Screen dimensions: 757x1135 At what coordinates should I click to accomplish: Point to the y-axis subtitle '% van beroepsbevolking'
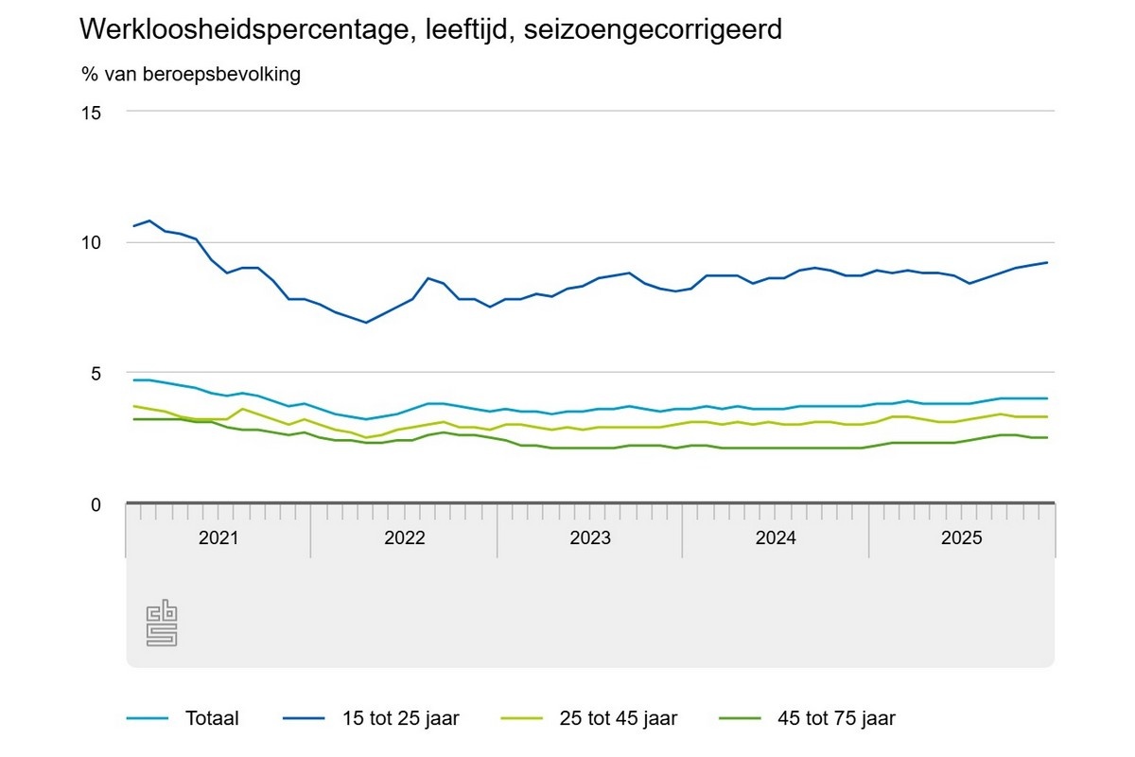coord(191,75)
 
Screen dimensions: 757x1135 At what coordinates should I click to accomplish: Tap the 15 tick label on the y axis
coord(91,112)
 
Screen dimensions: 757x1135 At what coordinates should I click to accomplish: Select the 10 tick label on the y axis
coord(91,242)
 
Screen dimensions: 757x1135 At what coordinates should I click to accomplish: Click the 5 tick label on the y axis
coord(96,374)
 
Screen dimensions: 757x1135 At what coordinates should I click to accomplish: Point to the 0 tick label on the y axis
coord(96,504)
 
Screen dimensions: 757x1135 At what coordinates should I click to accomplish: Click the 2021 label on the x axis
coord(218,538)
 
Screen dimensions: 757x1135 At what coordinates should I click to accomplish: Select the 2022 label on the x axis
coord(405,538)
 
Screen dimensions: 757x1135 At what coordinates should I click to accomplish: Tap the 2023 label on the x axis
coord(590,538)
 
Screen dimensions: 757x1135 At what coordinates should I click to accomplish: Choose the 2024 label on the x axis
coord(776,538)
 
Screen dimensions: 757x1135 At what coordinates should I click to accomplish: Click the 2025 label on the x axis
coord(962,538)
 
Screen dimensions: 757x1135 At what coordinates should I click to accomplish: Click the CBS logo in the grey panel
coord(162,623)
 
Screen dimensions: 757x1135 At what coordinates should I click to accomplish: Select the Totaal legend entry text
coord(213,718)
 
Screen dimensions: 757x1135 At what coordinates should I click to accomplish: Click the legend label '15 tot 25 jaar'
coord(401,718)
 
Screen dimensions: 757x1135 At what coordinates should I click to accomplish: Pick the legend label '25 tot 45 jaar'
coord(619,718)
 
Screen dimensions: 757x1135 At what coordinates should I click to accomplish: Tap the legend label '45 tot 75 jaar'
coord(836,718)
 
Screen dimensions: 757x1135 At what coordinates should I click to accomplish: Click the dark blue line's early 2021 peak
coord(149,220)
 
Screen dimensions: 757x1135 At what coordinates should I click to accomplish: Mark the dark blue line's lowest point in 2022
coord(366,323)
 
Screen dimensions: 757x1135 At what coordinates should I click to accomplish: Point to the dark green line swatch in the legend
coord(741,718)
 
